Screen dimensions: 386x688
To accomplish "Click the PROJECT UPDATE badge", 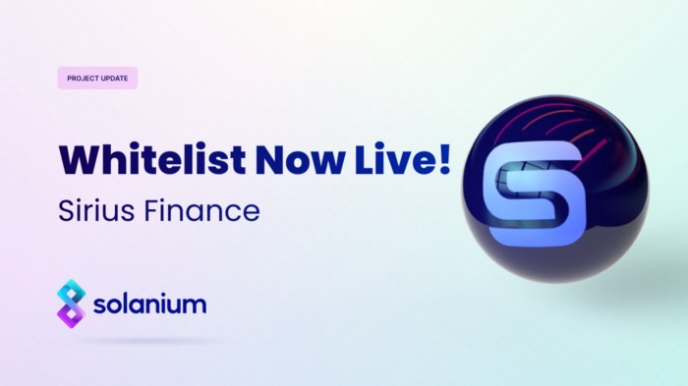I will click(96, 78).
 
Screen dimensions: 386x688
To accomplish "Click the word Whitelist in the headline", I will click(135, 159).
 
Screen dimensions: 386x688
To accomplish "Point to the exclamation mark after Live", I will click(443, 158).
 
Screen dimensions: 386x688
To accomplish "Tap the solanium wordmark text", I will click(150, 304).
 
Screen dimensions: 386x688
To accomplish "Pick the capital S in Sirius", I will click(63, 212).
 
